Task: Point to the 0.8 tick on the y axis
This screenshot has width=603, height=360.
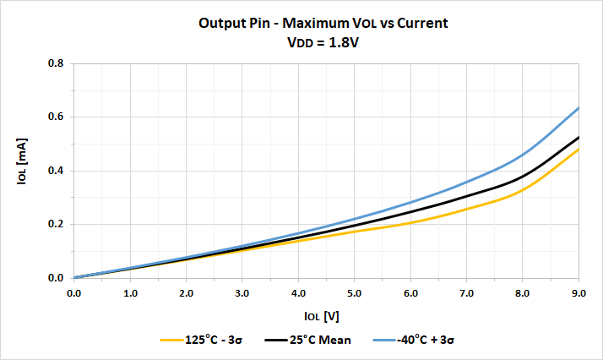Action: coord(56,63)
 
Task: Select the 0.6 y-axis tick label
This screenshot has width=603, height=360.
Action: coord(56,117)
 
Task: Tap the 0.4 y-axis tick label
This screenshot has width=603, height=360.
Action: coord(56,171)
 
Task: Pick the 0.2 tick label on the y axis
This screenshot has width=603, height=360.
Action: coord(56,224)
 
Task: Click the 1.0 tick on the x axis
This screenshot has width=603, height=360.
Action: coord(130,292)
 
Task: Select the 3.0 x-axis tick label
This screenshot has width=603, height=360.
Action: coord(242,292)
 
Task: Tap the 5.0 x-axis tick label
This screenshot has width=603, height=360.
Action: coord(355,292)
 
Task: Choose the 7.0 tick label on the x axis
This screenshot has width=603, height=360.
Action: coord(467,292)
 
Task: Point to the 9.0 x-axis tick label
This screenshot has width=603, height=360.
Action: coord(579,292)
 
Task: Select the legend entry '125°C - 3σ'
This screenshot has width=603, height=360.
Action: coord(217,340)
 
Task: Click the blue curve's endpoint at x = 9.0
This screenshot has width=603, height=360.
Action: coord(579,107)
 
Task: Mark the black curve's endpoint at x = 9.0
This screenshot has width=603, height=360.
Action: coord(579,137)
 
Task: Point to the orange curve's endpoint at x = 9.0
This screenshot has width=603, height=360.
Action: coord(579,150)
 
